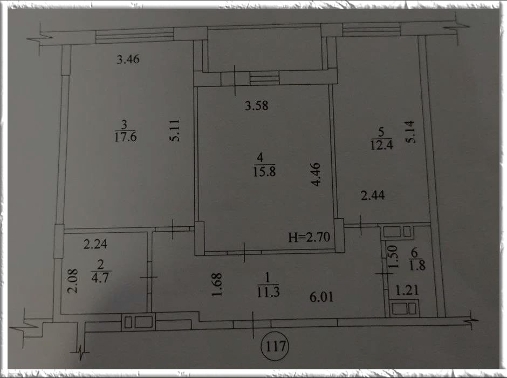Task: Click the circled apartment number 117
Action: tap(275, 347)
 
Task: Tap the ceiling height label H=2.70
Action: tap(309, 237)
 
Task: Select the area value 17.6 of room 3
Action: tap(126, 137)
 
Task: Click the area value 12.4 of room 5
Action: tap(381, 145)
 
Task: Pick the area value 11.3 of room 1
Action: tap(268, 292)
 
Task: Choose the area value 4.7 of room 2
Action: tap(100, 278)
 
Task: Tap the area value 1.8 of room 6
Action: tap(417, 265)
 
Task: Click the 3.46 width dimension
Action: tap(128, 59)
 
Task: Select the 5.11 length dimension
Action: tap(174, 131)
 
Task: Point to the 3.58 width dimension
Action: tap(256, 105)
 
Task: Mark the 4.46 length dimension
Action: tap(316, 174)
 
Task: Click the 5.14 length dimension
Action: tap(409, 132)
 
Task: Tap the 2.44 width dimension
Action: tap(373, 195)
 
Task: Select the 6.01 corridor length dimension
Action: tap(321, 297)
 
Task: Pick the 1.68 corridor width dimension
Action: tap(216, 285)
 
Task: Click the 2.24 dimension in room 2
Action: tap(95, 244)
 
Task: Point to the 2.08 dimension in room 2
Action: tap(72, 281)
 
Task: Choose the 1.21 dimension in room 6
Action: tap(407, 291)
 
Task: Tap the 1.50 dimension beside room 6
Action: tap(392, 256)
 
